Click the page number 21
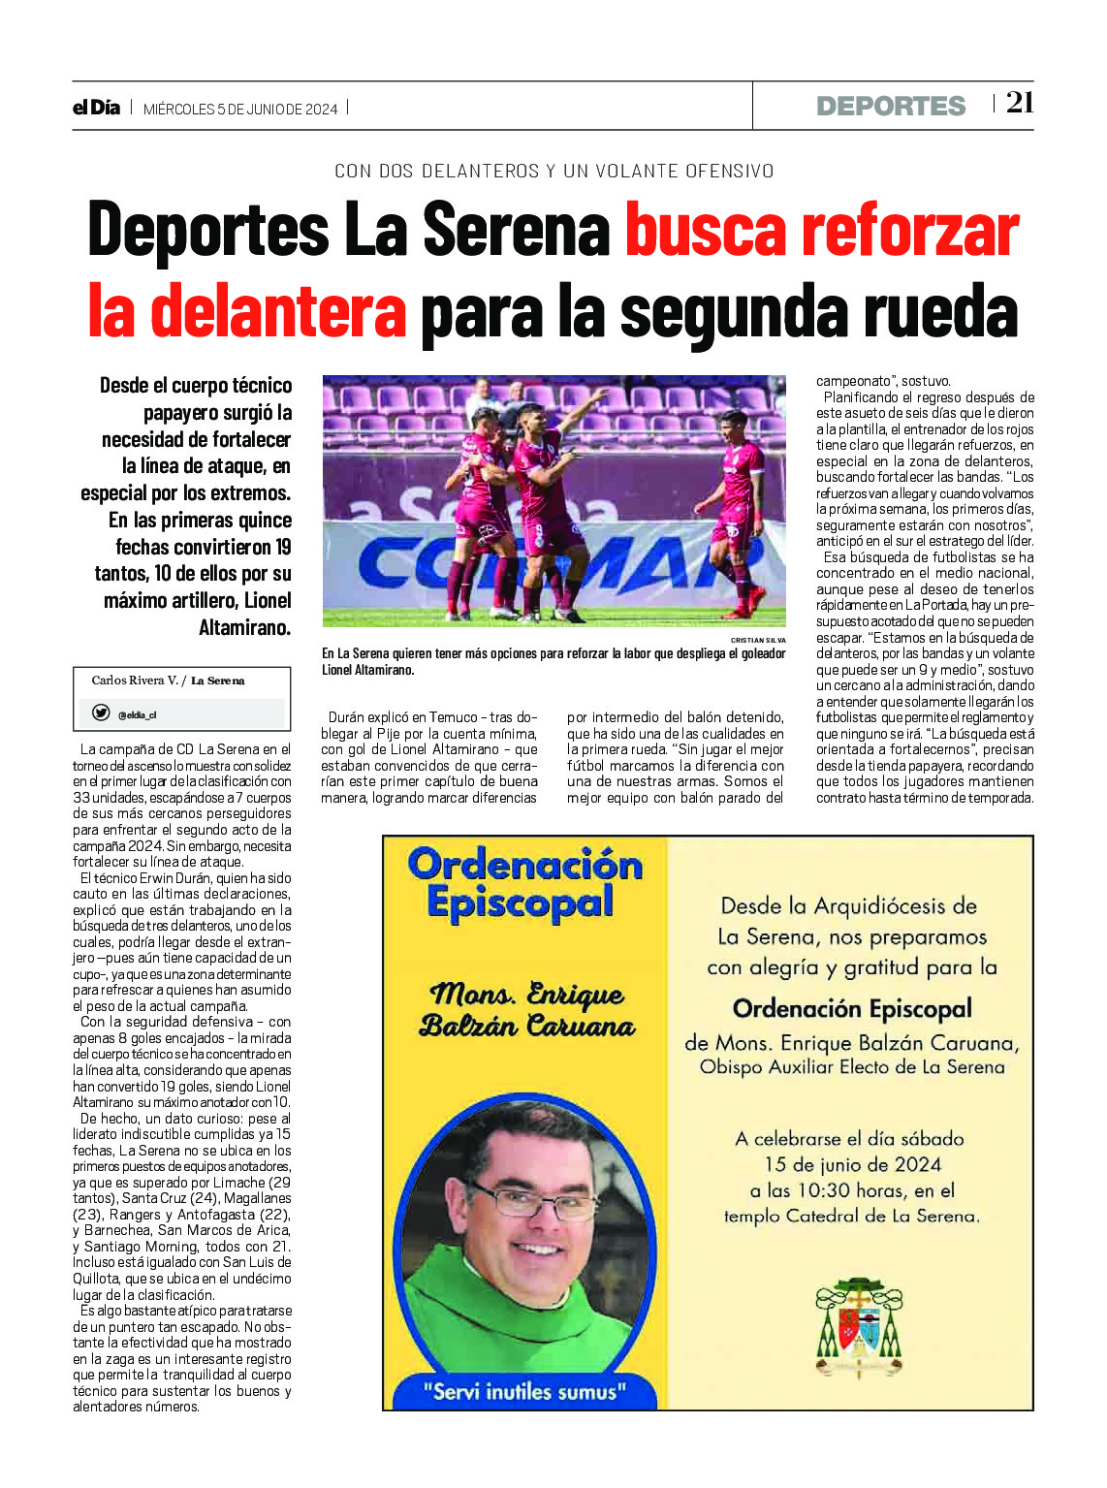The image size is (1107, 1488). (1020, 103)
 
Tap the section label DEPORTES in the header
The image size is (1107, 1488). (890, 107)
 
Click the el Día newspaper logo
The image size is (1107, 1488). (96, 108)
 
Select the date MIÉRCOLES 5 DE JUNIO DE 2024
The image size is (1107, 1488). (240, 110)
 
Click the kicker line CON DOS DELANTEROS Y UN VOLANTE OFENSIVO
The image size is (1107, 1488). (553, 172)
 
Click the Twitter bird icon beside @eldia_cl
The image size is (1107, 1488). (101, 713)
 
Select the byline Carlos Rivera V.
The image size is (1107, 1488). (135, 681)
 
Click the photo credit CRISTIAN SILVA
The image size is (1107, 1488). (758, 640)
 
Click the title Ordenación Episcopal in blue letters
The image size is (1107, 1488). (524, 883)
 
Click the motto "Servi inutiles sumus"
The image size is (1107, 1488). (524, 1392)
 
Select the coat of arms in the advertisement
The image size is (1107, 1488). (858, 1327)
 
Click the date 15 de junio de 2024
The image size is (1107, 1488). (853, 1165)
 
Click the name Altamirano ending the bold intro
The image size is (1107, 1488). (244, 628)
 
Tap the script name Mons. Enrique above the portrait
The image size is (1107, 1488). (526, 996)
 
